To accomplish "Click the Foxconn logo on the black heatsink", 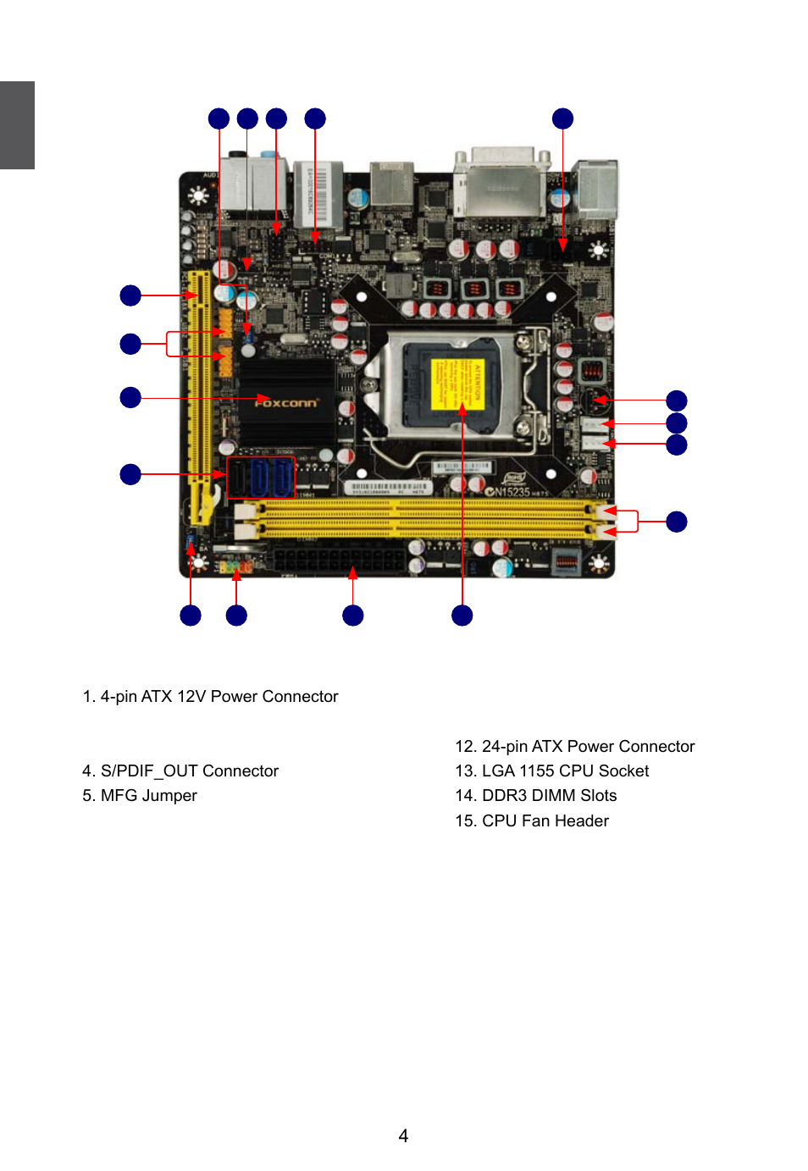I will [x=286, y=403].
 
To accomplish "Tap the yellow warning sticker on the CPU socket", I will [x=457, y=384].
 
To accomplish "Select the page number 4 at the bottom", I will [x=403, y=1135].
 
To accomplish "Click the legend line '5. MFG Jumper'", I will [x=140, y=795].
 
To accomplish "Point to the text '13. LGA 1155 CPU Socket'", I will [x=551, y=771].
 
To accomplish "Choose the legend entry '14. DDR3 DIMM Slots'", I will [x=535, y=795].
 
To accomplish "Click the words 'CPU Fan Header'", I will [x=545, y=820].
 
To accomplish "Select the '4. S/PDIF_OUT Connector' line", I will [x=180, y=771].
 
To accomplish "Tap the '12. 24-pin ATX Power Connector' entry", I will [x=574, y=746].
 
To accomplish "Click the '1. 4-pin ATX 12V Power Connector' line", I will [x=210, y=696].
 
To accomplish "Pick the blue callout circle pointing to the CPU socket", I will [x=462, y=616].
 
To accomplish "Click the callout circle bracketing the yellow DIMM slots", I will [x=677, y=522].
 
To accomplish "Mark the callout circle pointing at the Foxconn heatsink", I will [x=130, y=397].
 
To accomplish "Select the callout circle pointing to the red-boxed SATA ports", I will [x=130, y=474].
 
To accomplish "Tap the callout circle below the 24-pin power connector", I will [x=353, y=616].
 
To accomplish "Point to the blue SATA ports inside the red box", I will [x=261, y=477].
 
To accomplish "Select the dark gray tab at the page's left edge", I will [x=17, y=125].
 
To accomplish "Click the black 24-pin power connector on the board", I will [x=339, y=561].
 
